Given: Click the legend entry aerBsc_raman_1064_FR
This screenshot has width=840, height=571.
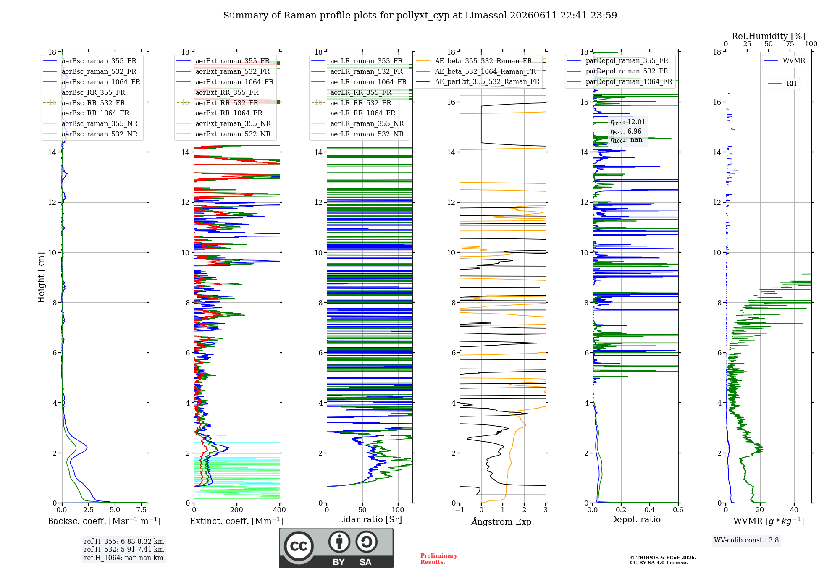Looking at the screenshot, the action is coord(92,82).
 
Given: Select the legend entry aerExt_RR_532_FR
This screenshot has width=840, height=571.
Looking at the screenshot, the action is coord(218,103).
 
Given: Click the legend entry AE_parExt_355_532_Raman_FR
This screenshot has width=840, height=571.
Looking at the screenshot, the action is coord(478,81).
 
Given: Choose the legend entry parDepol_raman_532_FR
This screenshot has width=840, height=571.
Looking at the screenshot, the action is coord(618,71).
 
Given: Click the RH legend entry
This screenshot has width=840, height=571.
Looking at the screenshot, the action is coord(782,84).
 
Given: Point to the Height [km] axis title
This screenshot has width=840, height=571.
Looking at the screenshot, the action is coord(41,278).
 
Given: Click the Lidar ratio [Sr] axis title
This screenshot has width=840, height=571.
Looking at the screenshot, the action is coord(370,519).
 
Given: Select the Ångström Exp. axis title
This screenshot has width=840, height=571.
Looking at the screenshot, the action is coord(503,521).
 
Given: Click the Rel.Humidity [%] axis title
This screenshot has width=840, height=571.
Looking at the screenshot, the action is coord(769,36).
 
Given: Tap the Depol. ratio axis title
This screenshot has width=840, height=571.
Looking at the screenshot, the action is coord(635,519).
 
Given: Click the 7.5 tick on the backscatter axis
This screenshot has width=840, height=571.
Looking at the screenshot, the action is coord(142,510).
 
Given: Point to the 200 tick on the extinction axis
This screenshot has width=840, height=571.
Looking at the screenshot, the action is coord(237,510).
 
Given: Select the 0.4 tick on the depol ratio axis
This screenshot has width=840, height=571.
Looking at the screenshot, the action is coord(650,510).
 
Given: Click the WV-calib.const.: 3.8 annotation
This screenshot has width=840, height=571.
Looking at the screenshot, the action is coord(746,540).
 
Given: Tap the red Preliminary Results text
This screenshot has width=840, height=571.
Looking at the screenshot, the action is coord(439,559).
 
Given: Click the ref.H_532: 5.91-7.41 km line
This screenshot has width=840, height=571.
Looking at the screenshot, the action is coord(124,549).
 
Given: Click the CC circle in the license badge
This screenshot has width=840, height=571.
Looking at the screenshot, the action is coord(299,546).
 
